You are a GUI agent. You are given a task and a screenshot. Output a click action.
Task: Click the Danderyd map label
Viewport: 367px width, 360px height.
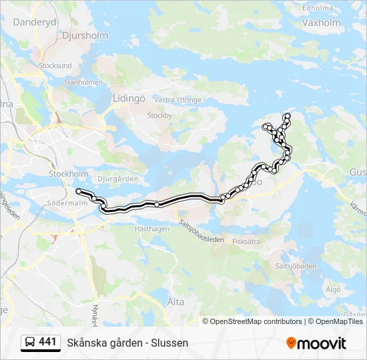click(x=35, y=21)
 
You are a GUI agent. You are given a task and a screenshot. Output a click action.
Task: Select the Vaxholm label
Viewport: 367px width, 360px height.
click(x=321, y=21)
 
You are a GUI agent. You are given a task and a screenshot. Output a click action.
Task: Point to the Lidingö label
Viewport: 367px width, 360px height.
click(x=129, y=98)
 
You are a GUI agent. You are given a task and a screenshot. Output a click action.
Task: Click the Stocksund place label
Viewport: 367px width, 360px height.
click(x=55, y=66)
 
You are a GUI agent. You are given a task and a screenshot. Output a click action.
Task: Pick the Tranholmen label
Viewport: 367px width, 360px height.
click(x=83, y=83)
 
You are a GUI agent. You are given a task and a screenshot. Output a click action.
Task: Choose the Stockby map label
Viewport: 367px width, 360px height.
click(x=159, y=115)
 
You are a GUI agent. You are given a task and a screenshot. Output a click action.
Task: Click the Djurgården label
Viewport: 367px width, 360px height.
click(x=117, y=179)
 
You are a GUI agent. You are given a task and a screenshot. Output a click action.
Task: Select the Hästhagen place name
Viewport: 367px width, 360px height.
click(x=152, y=228)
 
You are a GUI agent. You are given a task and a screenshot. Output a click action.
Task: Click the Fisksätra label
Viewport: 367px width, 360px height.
click(x=246, y=243)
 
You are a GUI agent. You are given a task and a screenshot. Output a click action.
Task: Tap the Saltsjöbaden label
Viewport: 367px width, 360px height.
click(x=296, y=266)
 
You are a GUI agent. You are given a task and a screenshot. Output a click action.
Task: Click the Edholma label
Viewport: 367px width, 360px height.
click(x=318, y=8)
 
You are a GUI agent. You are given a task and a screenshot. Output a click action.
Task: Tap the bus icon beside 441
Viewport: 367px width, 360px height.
click(x=30, y=343)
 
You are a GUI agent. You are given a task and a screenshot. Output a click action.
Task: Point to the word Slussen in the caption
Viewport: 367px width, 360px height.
click(x=170, y=343)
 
